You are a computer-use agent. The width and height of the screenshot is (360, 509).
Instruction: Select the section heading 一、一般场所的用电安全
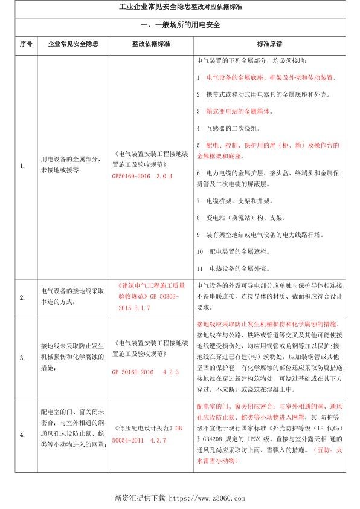pos(180,26)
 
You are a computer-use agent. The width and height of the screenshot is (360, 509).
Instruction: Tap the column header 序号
pos(25,44)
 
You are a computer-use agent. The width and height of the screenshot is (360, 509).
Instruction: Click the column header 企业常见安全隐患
pos(73,44)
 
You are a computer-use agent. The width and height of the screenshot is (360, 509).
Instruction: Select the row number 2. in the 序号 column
pos(23,298)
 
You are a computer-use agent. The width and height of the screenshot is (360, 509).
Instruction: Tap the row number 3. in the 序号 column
pos(23,358)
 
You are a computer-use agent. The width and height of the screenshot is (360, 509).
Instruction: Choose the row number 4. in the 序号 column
pos(23,435)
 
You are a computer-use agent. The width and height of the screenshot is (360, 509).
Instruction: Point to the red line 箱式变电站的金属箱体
pos(233,112)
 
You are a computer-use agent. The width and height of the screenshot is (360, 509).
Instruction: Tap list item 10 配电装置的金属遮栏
pos(232,250)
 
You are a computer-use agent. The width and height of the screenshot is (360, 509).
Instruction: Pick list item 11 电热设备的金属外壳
pos(232,268)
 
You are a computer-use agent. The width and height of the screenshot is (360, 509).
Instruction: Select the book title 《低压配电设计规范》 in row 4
pos(135,427)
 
